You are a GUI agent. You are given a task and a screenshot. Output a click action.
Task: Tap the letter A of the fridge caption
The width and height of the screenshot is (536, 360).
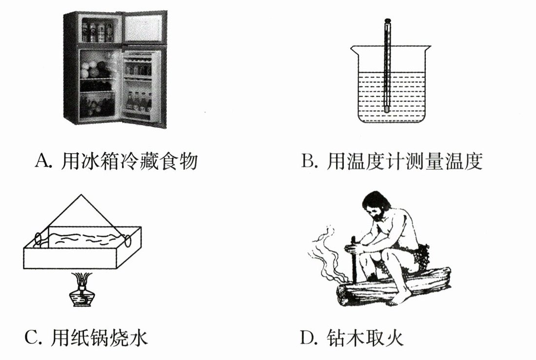pyautogui.click(x=41, y=160)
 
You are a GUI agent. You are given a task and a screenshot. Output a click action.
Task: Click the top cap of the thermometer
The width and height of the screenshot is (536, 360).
pyautogui.click(x=388, y=20)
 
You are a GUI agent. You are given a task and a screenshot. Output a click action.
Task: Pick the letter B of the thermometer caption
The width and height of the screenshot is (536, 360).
pyautogui.click(x=308, y=161)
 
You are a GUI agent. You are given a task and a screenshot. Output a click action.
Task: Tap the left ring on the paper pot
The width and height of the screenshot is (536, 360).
pyautogui.click(x=38, y=240)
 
